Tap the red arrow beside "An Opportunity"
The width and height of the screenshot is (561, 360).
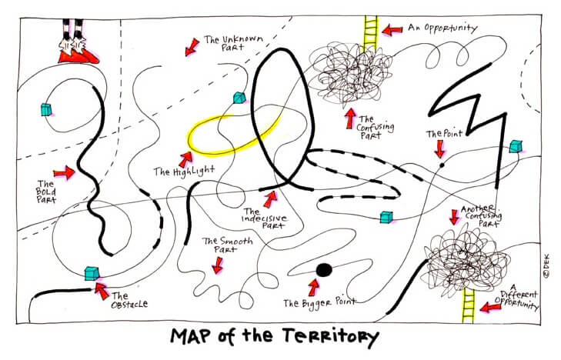tap(393, 29)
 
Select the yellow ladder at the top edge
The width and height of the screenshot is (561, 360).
tap(369, 31)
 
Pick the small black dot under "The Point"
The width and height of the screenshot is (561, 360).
tap(441, 163)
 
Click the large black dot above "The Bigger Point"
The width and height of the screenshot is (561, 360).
tap(323, 269)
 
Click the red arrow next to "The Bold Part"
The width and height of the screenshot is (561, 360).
tap(63, 174)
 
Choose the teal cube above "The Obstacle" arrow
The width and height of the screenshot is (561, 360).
tap(93, 272)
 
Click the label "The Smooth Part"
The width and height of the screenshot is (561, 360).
tap(222, 245)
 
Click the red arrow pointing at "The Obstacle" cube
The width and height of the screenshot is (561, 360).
tap(100, 289)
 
